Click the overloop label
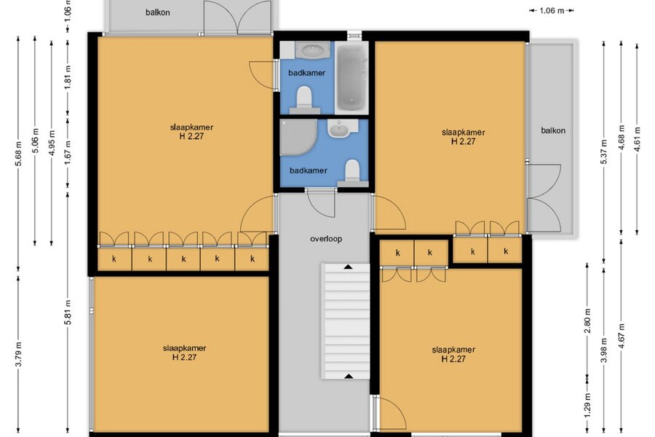(326, 239)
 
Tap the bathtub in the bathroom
(352, 77)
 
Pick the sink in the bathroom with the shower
(341, 128)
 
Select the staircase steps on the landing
(346, 321)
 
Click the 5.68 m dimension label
(18, 152)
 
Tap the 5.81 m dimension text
(68, 312)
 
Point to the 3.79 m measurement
(18, 354)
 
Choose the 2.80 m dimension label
(587, 320)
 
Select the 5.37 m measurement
(604, 151)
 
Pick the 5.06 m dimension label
(35, 141)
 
